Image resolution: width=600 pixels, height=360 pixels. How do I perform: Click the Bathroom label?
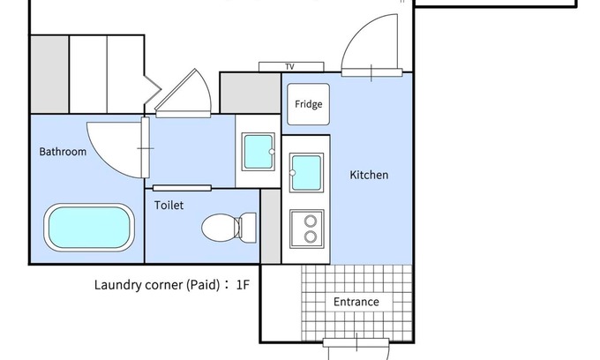tap(63, 152)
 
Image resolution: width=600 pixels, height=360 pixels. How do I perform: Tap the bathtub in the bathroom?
tap(89, 228)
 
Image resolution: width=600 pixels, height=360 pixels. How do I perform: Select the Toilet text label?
tap(169, 206)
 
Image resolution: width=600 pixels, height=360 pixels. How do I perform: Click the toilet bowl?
tap(220, 228)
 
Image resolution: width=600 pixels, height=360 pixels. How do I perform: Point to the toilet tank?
tap(248, 228)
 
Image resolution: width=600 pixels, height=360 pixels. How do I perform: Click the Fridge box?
tap(309, 104)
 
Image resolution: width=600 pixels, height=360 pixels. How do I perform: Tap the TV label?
tap(289, 67)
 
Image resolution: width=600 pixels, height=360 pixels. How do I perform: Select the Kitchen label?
tap(369, 176)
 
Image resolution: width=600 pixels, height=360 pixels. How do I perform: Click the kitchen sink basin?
tap(306, 173)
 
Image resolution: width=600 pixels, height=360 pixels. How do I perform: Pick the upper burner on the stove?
tap(311, 221)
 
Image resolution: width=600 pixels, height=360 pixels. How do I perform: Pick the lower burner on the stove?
tap(311, 236)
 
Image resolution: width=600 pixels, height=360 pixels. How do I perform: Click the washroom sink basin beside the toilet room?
tap(259, 152)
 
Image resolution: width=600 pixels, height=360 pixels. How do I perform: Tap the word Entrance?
tap(356, 302)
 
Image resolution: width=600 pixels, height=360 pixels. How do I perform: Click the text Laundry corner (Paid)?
tap(157, 285)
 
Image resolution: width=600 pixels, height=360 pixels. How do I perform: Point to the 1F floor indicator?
tap(243, 285)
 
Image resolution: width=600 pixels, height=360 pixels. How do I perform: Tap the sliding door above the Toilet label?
tap(182, 188)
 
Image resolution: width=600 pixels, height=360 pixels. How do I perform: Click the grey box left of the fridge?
tap(251, 93)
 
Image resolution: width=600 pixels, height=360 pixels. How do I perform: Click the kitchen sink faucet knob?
tap(292, 173)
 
